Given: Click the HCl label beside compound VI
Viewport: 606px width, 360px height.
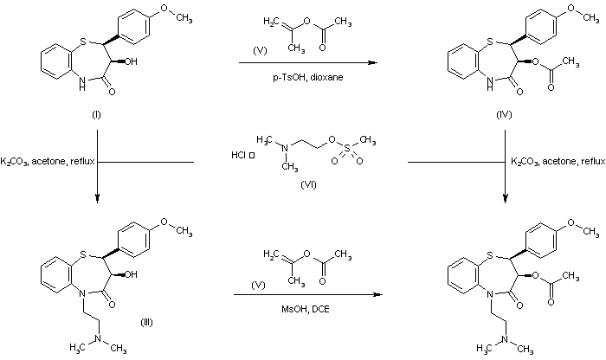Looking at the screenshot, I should tap(237, 156).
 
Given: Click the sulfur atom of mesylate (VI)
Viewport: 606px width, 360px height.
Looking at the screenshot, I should tap(333, 148).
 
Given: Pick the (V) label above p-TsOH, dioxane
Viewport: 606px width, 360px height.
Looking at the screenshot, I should tap(259, 50).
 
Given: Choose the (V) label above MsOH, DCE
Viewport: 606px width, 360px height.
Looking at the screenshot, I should tap(259, 282).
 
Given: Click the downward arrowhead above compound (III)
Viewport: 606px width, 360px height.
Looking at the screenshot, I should tap(96, 196).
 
